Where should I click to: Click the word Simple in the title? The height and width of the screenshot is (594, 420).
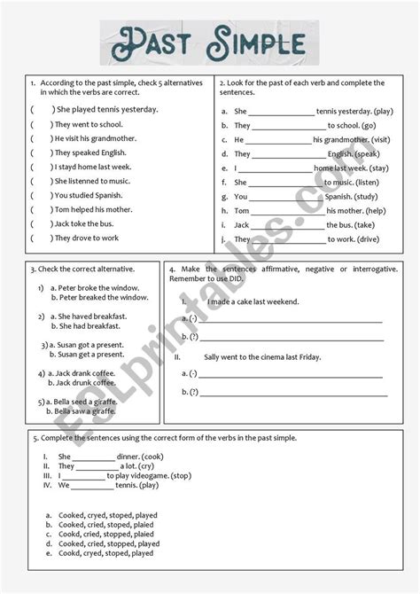pyautogui.click(x=256, y=42)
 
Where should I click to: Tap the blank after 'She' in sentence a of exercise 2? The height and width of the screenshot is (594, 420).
pyautogui.click(x=281, y=113)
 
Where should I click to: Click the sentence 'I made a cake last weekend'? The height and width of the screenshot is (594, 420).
pyautogui.click(x=253, y=301)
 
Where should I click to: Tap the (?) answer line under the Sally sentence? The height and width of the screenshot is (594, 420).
pyautogui.click(x=293, y=393)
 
